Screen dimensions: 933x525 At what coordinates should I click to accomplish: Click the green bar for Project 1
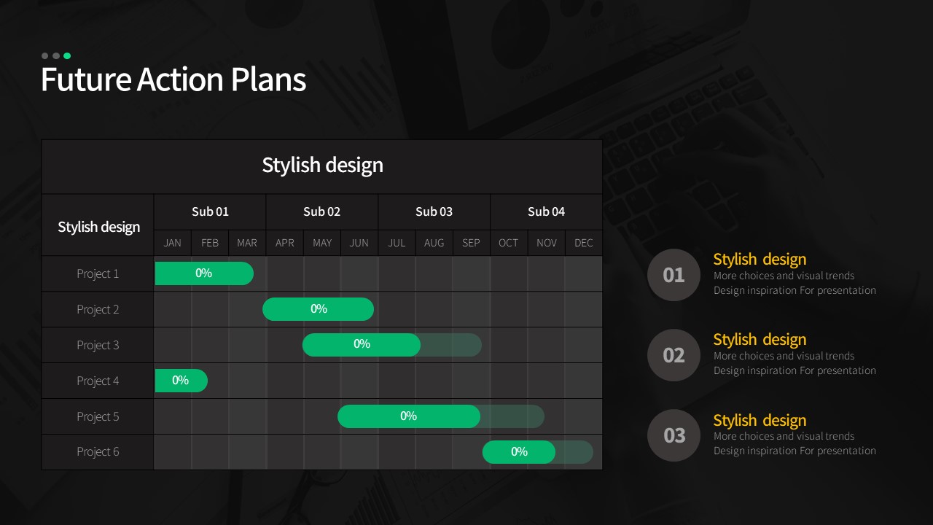(204, 273)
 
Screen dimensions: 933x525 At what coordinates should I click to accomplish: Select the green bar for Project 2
(319, 309)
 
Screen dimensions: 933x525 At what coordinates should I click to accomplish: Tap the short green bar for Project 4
(181, 381)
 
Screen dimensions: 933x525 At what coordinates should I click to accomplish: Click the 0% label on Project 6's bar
(519, 451)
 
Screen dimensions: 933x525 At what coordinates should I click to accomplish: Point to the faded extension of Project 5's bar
(512, 416)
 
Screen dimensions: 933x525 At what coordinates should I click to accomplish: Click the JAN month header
(173, 243)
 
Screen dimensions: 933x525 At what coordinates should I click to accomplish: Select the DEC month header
(584, 243)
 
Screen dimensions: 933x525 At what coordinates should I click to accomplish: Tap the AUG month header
(434, 243)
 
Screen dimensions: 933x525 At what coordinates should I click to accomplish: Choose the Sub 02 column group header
(321, 211)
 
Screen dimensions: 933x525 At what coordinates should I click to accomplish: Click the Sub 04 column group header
(546, 211)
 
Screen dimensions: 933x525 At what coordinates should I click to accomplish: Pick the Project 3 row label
(98, 346)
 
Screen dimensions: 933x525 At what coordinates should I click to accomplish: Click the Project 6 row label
(98, 451)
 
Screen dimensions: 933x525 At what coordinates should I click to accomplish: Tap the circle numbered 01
(674, 275)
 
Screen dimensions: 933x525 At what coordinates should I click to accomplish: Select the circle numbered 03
(674, 435)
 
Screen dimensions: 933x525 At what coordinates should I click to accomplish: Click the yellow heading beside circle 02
(760, 340)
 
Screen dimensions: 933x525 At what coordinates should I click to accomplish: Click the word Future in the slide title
(86, 79)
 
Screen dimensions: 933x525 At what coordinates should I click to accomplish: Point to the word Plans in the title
(269, 79)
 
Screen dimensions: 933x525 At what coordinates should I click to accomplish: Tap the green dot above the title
(67, 56)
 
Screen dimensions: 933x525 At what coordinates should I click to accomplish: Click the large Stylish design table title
(322, 165)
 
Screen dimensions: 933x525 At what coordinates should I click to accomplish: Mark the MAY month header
(322, 243)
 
